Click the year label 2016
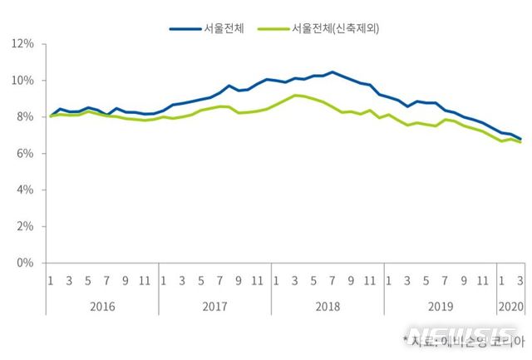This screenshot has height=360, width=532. click(101, 306)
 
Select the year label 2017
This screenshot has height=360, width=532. click(214, 306)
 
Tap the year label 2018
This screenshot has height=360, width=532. click(328, 306)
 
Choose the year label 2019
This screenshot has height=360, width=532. click(440, 306)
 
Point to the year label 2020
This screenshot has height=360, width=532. click(511, 306)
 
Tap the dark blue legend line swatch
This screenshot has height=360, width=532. click(185, 27)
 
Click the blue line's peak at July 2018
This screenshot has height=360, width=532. click(332, 72)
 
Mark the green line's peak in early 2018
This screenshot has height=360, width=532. click(295, 96)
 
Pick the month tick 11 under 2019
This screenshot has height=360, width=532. click(483, 280)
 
